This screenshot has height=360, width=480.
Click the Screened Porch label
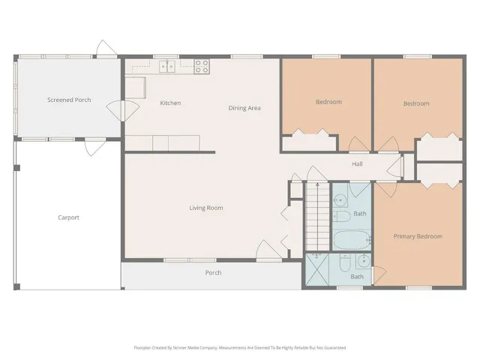69,100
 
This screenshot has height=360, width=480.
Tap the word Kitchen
170,103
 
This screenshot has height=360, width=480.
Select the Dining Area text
244,108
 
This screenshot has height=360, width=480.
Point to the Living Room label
205,208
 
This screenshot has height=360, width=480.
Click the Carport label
68,217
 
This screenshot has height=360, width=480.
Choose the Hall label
358,164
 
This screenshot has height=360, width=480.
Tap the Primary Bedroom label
418,236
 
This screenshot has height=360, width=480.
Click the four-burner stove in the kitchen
202,66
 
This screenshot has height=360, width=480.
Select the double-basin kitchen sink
168,67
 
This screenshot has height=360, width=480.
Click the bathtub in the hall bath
351,241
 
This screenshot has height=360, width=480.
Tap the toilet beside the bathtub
340,217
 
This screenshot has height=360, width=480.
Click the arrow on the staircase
316,187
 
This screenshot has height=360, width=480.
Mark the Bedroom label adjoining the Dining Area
328,102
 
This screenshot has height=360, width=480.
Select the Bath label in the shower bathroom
357,277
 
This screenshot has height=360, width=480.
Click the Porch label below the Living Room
213,272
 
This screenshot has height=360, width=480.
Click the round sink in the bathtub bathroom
340,199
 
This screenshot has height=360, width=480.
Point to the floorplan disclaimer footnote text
239,347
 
